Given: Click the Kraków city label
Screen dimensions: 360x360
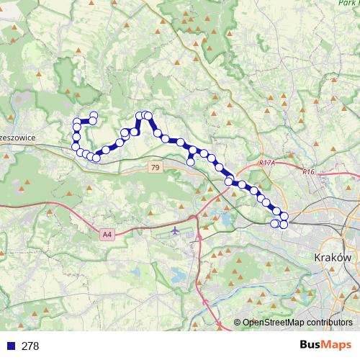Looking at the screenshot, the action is click(x=332, y=257).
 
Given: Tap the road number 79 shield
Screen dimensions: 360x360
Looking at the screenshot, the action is click(x=155, y=167).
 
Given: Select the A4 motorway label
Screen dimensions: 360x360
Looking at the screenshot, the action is click(x=107, y=234).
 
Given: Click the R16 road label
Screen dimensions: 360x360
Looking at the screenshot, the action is click(x=309, y=172).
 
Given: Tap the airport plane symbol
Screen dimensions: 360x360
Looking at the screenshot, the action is click(x=177, y=230).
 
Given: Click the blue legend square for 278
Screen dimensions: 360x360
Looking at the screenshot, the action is click(x=10, y=346).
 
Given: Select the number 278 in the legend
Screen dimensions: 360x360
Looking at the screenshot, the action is click(x=30, y=346).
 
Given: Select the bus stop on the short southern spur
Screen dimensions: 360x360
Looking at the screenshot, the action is click(x=190, y=161).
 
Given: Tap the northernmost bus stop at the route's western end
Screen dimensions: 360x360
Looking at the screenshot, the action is click(x=94, y=115).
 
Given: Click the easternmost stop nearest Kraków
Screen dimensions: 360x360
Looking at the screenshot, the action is click(x=284, y=217).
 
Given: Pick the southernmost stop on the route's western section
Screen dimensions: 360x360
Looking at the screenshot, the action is click(x=96, y=158).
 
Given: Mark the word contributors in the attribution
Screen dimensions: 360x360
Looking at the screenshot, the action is click(x=328, y=323).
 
